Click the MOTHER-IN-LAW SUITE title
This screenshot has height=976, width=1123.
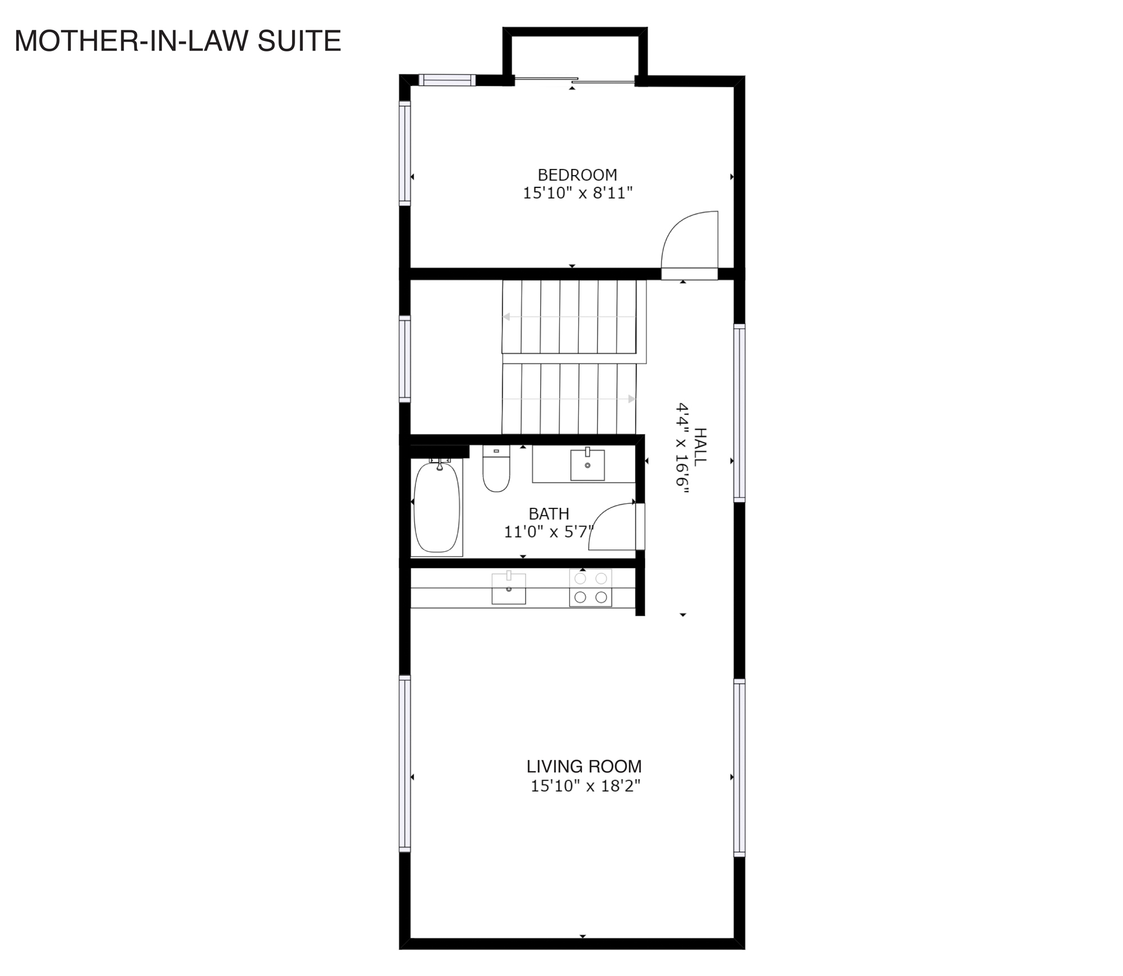[177, 42]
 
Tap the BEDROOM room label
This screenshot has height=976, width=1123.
[577, 175]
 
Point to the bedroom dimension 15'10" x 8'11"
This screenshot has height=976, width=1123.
[578, 193]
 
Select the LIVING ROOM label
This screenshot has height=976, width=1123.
[584, 766]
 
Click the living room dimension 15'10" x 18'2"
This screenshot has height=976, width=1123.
[586, 786]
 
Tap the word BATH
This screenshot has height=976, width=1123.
[549, 514]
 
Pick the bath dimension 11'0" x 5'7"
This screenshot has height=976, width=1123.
[549, 531]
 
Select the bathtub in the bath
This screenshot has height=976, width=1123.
[437, 507]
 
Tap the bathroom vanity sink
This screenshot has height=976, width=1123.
[587, 465]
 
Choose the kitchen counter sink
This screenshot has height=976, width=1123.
[509, 588]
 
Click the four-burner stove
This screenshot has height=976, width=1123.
[591, 588]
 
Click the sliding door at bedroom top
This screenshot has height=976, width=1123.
[575, 81]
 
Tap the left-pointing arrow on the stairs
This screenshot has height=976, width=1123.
[569, 317]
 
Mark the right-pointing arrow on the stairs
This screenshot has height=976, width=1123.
[569, 399]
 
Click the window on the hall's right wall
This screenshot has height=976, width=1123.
[739, 413]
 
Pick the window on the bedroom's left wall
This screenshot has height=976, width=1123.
[405, 153]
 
